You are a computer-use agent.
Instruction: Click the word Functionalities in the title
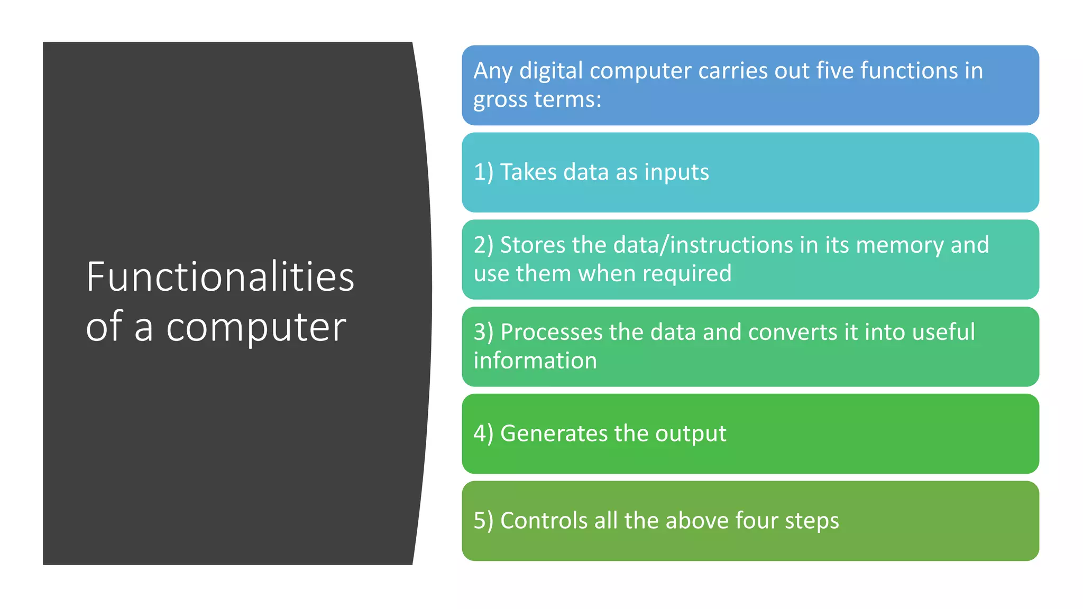[x=220, y=277]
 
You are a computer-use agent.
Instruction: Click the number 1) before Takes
[x=483, y=172]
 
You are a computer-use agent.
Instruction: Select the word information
[x=535, y=361]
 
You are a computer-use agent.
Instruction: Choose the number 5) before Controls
[x=483, y=521]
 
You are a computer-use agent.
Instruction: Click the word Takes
[x=528, y=172]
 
